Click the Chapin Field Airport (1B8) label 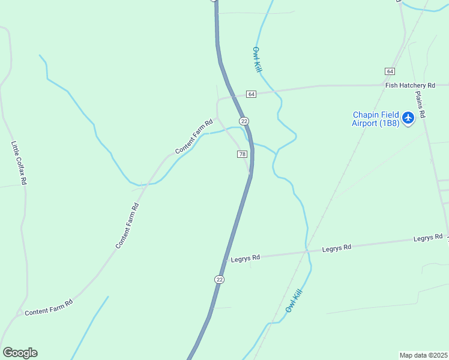click(375, 119)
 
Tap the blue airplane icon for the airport click(408, 118)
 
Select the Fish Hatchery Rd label click(410, 86)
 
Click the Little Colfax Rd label click(19, 163)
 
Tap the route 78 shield click(242, 154)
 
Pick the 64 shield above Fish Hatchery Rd click(390, 71)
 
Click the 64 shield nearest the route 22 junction click(251, 94)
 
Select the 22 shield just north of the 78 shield click(244, 121)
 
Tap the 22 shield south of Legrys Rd click(219, 280)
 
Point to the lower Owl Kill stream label click(292, 301)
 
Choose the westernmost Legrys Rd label click(245, 258)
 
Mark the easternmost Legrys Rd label click(428, 238)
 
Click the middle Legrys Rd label click(336, 248)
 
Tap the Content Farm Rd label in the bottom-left click(49, 307)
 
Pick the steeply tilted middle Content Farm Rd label click(127, 226)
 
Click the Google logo click(20, 353)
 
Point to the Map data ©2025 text click(424, 355)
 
